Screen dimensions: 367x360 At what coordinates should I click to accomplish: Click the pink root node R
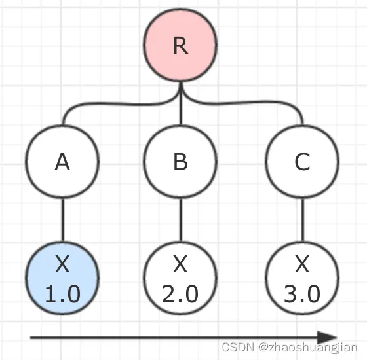click(180, 45)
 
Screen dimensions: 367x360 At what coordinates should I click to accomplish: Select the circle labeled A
click(62, 161)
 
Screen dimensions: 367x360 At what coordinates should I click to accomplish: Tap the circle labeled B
click(180, 161)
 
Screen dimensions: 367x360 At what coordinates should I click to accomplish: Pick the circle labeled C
click(302, 161)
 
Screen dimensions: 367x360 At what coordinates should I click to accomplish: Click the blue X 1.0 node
click(62, 278)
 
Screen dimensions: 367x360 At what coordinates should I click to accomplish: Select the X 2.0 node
click(180, 278)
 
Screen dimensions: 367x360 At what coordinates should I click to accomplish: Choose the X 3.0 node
click(302, 278)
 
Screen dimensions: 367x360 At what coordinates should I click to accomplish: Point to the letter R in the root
click(180, 46)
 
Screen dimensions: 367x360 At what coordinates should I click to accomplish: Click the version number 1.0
click(63, 294)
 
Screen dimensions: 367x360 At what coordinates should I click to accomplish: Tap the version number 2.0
click(180, 294)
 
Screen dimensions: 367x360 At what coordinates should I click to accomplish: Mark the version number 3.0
click(302, 294)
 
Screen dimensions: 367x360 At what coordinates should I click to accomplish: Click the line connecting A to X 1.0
click(62, 220)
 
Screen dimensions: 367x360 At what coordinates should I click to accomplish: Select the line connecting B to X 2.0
click(180, 220)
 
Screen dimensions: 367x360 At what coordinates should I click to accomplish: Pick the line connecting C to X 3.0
click(302, 220)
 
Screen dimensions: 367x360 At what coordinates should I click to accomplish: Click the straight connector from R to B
click(180, 103)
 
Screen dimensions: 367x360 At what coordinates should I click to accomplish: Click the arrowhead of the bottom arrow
click(327, 338)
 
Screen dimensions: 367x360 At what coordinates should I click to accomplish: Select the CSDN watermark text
click(290, 348)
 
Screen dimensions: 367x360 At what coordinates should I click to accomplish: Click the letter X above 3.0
click(302, 264)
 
